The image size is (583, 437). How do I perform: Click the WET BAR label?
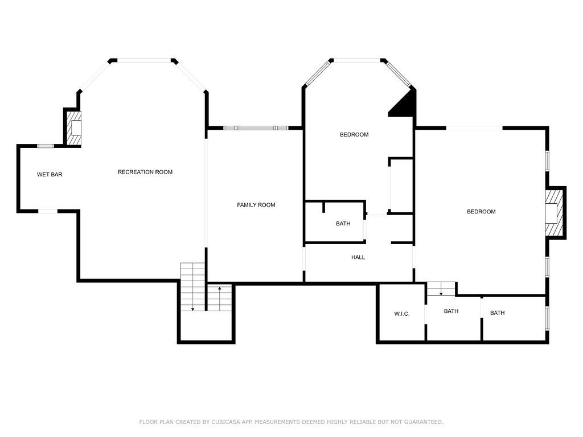click(x=50, y=175)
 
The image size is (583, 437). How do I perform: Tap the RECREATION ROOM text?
click(x=145, y=172)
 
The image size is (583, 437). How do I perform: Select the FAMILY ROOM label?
click(x=256, y=205)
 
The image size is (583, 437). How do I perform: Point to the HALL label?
click(x=358, y=257)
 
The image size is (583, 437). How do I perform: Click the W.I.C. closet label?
click(x=401, y=314)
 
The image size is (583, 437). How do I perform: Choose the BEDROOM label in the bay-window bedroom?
click(x=354, y=135)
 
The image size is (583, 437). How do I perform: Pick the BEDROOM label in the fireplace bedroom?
click(x=481, y=212)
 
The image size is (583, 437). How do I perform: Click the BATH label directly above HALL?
click(x=343, y=224)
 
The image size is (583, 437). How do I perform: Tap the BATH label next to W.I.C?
click(x=451, y=311)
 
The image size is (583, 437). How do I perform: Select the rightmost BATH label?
click(x=497, y=313)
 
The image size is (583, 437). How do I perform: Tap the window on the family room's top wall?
click(x=254, y=128)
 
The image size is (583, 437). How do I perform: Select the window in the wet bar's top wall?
click(x=46, y=146)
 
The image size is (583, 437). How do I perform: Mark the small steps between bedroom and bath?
click(x=441, y=289)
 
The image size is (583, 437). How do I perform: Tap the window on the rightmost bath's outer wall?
click(x=547, y=319)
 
